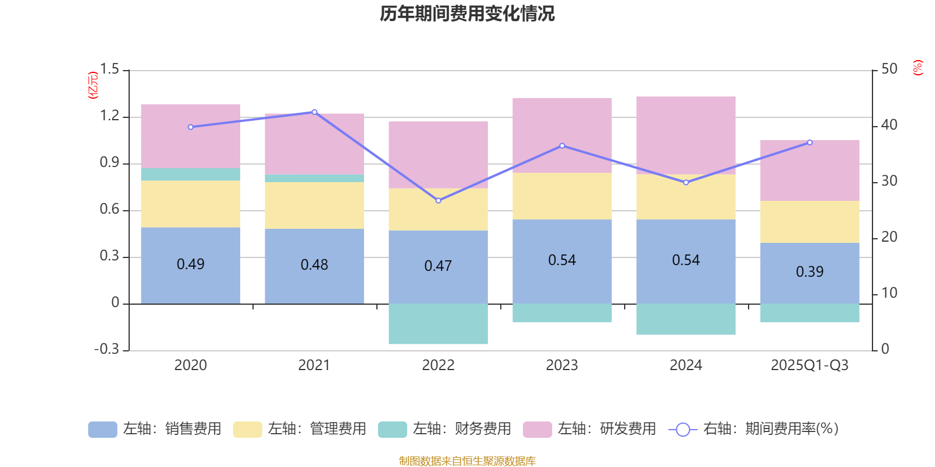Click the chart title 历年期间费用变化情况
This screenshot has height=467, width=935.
(467, 13)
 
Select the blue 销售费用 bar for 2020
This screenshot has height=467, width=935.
(191, 280)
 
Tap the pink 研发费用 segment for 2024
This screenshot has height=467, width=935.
(685, 135)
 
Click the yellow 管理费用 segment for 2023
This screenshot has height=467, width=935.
(562, 196)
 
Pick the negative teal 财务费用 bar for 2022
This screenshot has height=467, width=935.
(438, 324)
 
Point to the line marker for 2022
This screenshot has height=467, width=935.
(438, 201)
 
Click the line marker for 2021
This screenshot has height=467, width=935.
(314, 112)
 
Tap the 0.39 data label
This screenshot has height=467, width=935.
(809, 271)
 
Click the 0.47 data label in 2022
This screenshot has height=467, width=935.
(438, 266)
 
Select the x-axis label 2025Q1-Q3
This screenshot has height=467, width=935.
(809, 365)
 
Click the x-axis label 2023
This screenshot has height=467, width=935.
(562, 365)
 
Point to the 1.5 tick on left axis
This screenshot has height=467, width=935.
(109, 69)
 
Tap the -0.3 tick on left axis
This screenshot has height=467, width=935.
(106, 349)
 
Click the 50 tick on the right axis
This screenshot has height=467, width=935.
(889, 69)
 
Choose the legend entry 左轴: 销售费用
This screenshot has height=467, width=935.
(155, 429)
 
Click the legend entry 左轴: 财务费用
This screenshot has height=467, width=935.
(445, 429)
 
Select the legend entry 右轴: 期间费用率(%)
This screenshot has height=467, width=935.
(753, 429)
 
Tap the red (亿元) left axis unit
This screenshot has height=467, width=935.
(92, 85)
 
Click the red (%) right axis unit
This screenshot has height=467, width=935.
(917, 68)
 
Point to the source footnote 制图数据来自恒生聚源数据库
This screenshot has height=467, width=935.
(467, 461)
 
